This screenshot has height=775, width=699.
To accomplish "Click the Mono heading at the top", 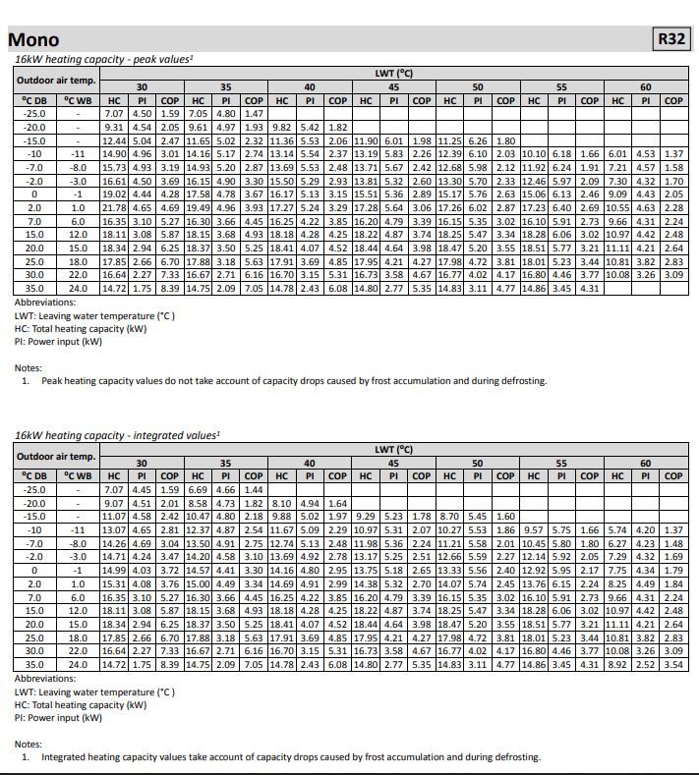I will tap(33, 39).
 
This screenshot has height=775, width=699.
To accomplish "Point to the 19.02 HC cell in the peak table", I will tap(114, 194).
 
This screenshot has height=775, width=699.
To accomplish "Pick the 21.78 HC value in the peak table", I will tap(114, 208).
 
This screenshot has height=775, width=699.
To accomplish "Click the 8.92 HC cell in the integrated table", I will tap(618, 665).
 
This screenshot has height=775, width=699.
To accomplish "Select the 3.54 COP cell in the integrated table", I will tap(673, 665).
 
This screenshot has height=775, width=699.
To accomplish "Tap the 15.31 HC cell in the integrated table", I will tap(114, 584).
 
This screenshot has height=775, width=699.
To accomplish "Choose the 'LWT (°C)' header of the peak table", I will tap(393, 73).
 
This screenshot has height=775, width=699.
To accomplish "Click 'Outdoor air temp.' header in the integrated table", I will tap(55, 456).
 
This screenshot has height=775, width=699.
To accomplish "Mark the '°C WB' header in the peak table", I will tap(78, 100).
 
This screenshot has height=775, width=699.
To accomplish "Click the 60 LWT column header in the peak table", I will tap(646, 86).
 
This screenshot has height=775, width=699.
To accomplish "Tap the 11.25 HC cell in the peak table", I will tap(450, 140).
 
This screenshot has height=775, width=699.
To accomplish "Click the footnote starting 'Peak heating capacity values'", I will tap(293, 381).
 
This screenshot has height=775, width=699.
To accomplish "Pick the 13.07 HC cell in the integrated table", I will tap(114, 529).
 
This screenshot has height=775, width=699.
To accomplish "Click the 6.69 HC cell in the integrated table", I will tap(198, 489).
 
